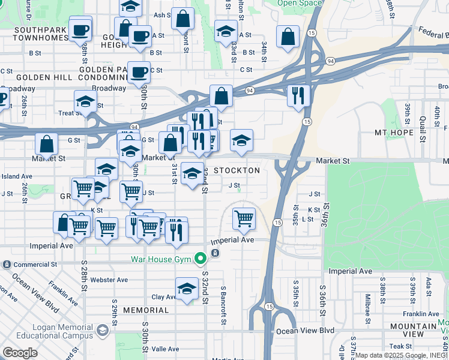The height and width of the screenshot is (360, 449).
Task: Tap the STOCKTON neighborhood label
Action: point(237,170)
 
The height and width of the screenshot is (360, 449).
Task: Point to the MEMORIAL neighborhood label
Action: point(146,310)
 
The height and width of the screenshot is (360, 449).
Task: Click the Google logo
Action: point(20,352)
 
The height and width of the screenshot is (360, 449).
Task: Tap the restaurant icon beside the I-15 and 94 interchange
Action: point(298,95)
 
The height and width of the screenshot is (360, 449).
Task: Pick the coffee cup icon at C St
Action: point(139,73)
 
